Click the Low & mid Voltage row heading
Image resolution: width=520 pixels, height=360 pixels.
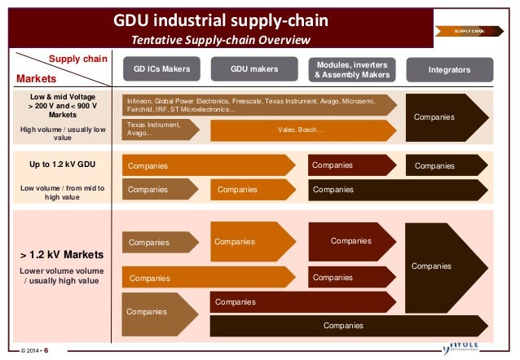pos(63,105)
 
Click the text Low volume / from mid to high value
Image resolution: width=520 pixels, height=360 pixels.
pos(63,192)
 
